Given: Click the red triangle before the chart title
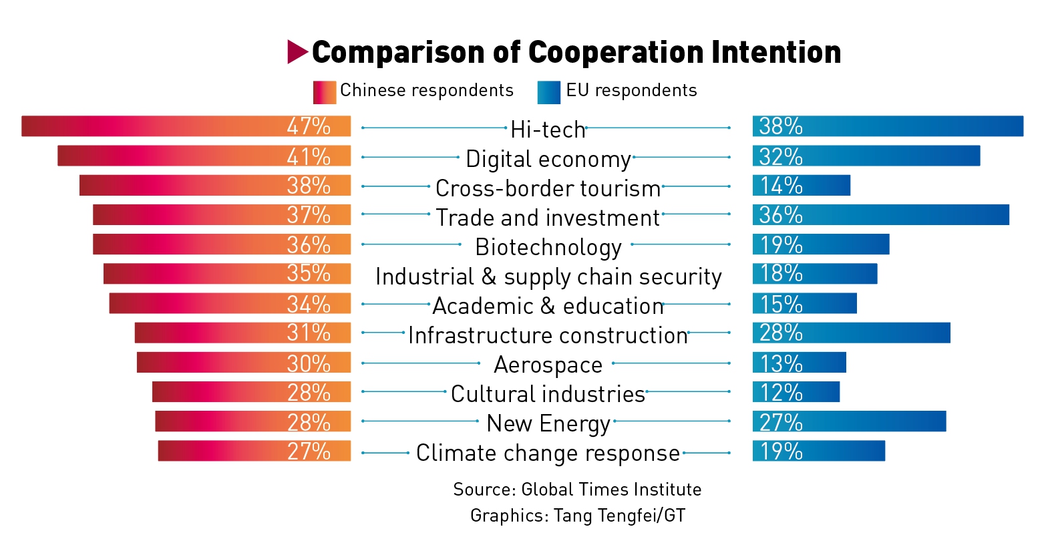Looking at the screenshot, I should pyautogui.click(x=297, y=52).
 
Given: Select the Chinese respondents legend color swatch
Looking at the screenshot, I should pyautogui.click(x=324, y=92).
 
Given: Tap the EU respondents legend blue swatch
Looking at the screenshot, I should pyautogui.click(x=548, y=92).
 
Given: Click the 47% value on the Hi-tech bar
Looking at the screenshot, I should pyautogui.click(x=309, y=126).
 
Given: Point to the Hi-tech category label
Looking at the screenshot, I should pyautogui.click(x=548, y=130).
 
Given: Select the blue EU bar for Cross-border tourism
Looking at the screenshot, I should pyautogui.click(x=801, y=186).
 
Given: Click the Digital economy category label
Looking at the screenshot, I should pyautogui.click(x=548, y=159).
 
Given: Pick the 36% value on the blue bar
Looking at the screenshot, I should pyautogui.click(x=781, y=215).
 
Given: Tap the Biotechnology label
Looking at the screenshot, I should pyautogui.click(x=548, y=247).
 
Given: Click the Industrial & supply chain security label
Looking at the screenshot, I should pyautogui.click(x=548, y=277).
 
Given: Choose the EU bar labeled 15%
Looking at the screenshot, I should pyautogui.click(x=804, y=303).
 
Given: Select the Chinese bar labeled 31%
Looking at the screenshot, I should pyautogui.click(x=242, y=333).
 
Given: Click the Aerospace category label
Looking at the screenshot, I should pyautogui.click(x=548, y=365).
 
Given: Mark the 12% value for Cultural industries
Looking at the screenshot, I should pyautogui.click(x=781, y=392).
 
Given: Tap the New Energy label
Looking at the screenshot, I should pyautogui.click(x=548, y=423).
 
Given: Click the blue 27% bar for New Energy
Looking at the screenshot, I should pyautogui.click(x=849, y=421).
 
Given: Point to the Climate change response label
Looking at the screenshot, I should pyautogui.click(x=548, y=453).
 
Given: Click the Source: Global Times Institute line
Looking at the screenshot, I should pyautogui.click(x=577, y=490).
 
